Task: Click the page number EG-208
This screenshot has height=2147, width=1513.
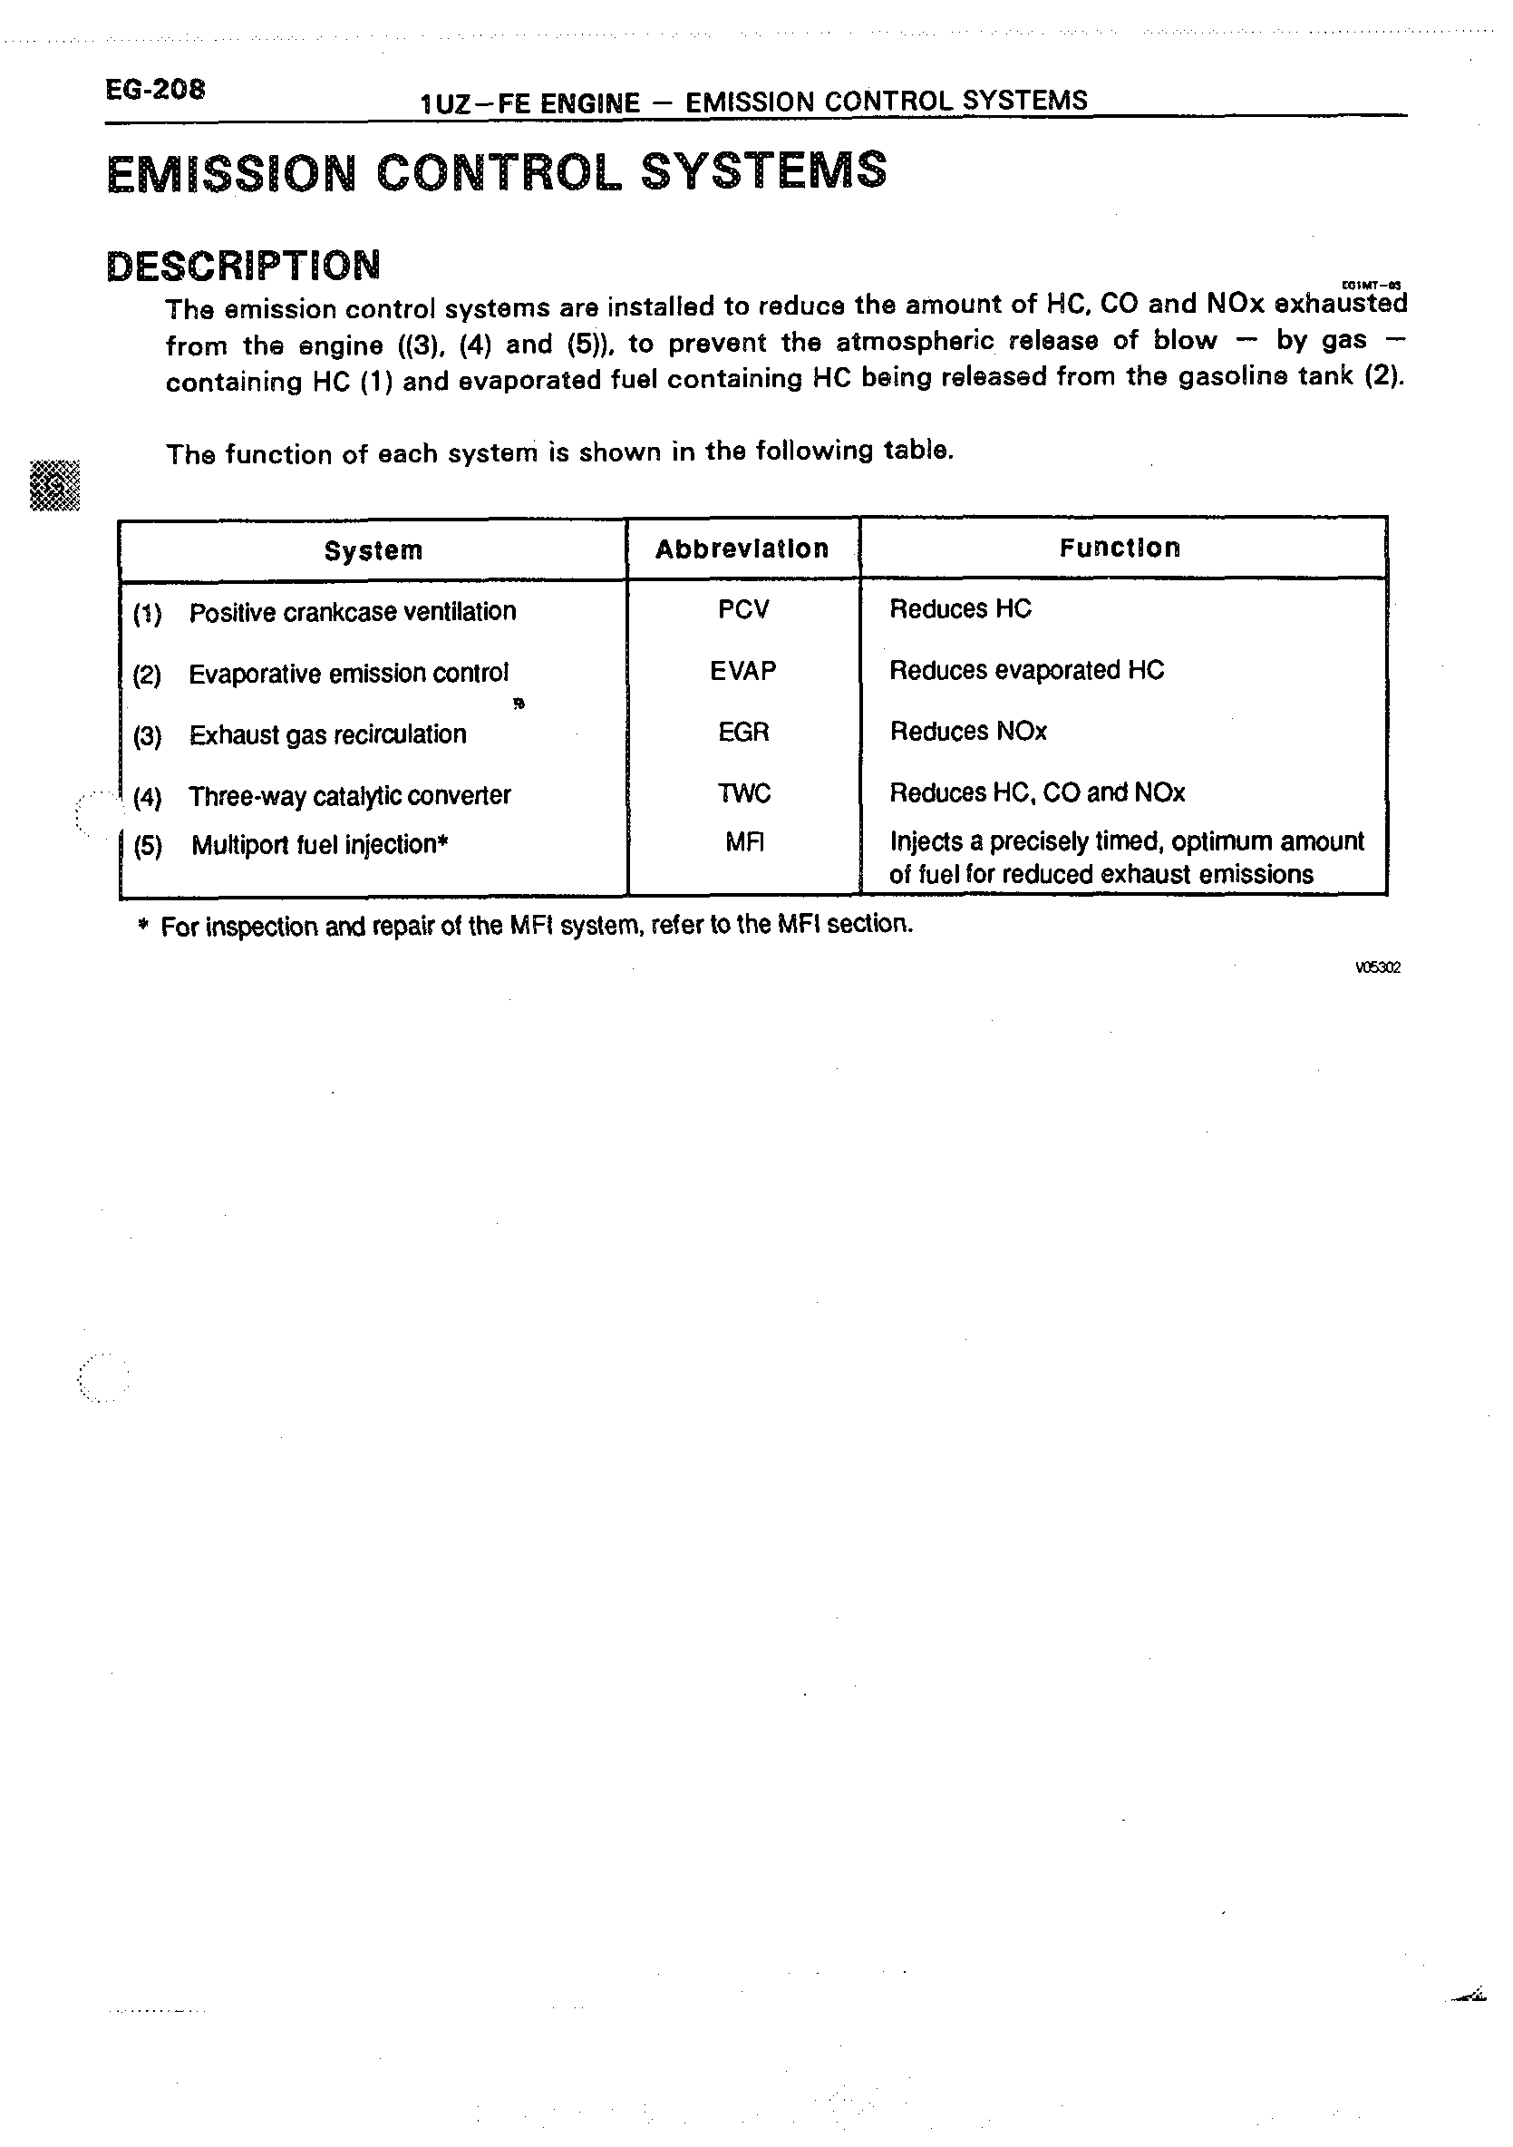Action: [x=154, y=91]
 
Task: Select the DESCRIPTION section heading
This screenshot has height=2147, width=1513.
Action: [x=243, y=266]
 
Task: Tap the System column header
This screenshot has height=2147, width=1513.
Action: [x=373, y=550]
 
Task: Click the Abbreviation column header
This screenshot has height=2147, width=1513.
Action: [x=742, y=549]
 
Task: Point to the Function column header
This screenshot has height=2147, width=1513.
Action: [x=1120, y=548]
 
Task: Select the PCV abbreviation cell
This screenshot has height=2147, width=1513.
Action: [x=743, y=609]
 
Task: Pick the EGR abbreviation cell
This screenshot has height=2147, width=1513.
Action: [x=743, y=733]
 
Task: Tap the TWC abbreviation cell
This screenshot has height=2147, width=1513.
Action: [x=744, y=794]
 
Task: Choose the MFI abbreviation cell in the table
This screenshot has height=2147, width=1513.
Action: [x=745, y=843]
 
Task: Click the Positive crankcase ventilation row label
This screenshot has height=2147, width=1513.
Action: [x=353, y=613]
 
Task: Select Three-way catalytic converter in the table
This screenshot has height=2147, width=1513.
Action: [x=350, y=797]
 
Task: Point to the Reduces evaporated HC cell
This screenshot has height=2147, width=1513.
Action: [x=1027, y=670]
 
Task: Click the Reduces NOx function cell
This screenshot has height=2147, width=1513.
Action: [x=968, y=732]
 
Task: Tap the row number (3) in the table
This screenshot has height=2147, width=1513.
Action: [x=147, y=737]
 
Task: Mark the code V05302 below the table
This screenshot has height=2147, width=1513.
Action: [x=1377, y=967]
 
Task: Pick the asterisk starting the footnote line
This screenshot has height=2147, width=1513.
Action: [x=143, y=927]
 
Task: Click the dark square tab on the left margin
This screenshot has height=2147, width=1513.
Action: [x=55, y=486]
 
